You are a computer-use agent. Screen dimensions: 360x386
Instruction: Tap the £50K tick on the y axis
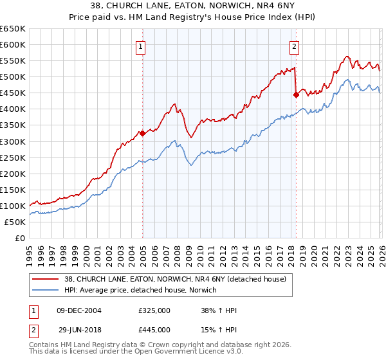pos(14,222)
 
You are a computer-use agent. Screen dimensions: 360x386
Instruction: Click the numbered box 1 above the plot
pos(140,46)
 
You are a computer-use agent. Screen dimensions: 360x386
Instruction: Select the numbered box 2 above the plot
pos(294,46)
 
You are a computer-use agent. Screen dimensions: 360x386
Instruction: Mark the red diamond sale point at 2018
pos(296,94)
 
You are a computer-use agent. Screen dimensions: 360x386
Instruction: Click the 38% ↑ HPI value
pos(219,310)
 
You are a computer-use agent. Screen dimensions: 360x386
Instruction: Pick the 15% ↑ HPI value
pos(219,329)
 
